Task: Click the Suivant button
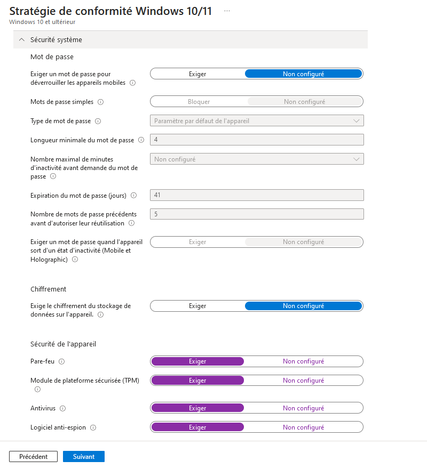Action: click(x=84, y=457)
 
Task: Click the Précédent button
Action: click(x=33, y=457)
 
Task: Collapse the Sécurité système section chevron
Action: click(x=22, y=39)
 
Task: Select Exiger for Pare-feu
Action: click(x=197, y=361)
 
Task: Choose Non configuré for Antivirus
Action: click(x=303, y=408)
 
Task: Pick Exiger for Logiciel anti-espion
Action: click(x=197, y=427)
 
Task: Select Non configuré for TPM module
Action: click(x=303, y=381)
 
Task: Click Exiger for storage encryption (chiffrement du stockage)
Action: click(x=197, y=306)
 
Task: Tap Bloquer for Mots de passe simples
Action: click(x=199, y=101)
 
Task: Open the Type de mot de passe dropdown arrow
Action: click(x=357, y=121)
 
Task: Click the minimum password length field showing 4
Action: click(x=257, y=140)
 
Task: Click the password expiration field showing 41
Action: click(x=257, y=195)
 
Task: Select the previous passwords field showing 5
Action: click(x=257, y=214)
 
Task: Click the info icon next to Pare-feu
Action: click(x=61, y=361)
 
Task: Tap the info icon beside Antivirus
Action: click(x=62, y=408)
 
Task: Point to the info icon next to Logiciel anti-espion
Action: click(x=93, y=427)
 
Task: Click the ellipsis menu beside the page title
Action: click(x=227, y=11)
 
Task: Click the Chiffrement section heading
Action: click(x=49, y=289)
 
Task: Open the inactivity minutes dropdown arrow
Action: click(x=357, y=159)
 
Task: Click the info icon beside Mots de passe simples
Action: click(x=100, y=101)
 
